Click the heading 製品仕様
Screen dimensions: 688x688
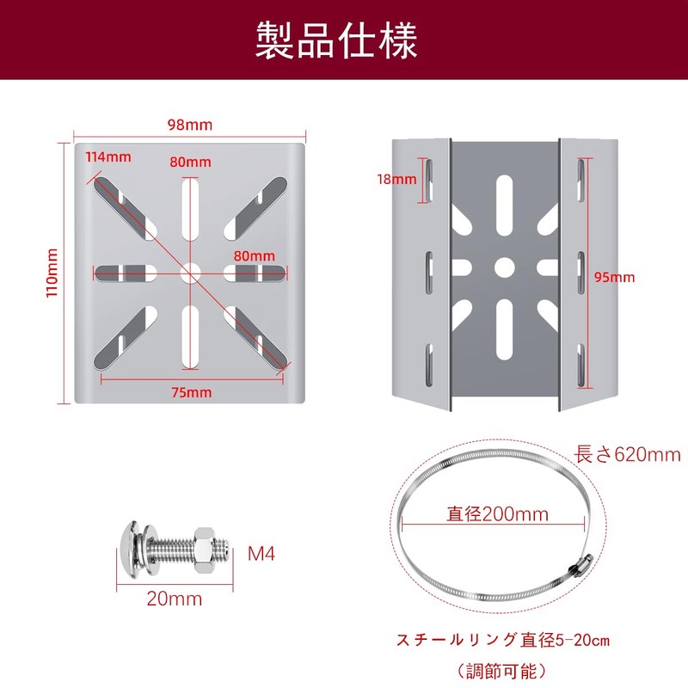335,40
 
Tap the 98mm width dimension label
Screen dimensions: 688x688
189,125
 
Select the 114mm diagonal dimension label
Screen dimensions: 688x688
107,157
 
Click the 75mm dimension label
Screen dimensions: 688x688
190,393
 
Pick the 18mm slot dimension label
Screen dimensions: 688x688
396,180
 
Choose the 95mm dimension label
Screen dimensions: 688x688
614,277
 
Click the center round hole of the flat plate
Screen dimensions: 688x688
190,273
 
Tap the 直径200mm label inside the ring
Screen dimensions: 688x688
497,514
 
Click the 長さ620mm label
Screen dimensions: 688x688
626,454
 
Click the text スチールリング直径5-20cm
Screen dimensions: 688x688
502,641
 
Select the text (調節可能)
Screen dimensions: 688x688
502,669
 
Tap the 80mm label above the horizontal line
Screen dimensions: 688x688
254,255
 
